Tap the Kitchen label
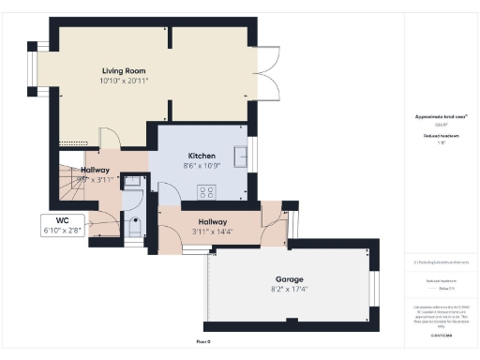tap(202, 156)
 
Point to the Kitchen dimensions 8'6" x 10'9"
tap(202, 167)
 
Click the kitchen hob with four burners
tap(205, 191)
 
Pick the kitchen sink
tap(241, 156)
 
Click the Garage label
tap(288, 279)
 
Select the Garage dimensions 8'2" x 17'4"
tap(288, 291)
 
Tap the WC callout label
tap(63, 219)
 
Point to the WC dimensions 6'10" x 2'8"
tap(63, 230)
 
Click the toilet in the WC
tap(133, 227)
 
